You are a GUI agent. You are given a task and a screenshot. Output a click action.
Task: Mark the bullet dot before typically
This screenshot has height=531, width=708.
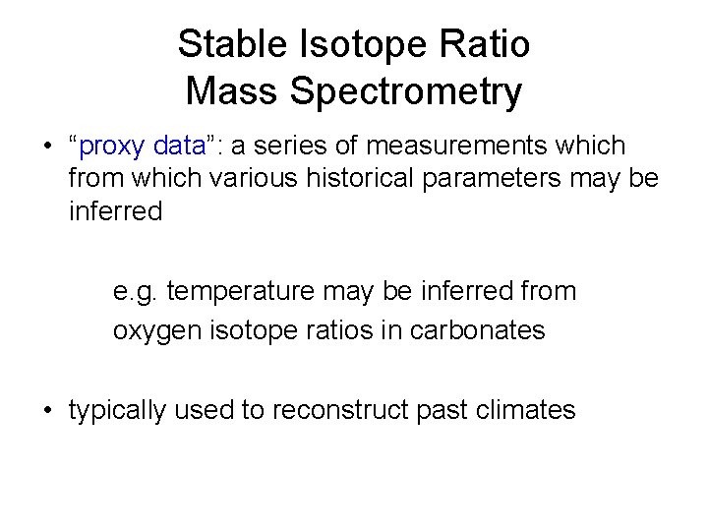point(48,411)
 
